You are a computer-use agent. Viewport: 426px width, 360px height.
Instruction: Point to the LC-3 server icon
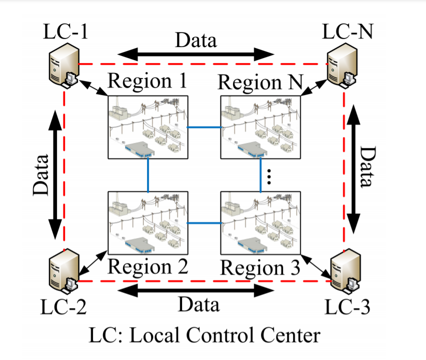343,273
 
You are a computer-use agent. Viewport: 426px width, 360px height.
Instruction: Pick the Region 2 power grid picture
148,222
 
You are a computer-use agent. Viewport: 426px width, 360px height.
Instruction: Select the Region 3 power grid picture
260,222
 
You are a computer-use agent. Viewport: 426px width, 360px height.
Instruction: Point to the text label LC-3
347,306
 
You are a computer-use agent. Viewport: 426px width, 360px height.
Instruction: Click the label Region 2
148,267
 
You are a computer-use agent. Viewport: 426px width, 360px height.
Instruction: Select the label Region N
260,82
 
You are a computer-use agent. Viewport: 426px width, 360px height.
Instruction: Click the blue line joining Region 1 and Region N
204,127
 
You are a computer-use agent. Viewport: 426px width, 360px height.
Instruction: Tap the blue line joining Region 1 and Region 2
148,175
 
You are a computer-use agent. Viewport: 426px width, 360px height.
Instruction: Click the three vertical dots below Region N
268,177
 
